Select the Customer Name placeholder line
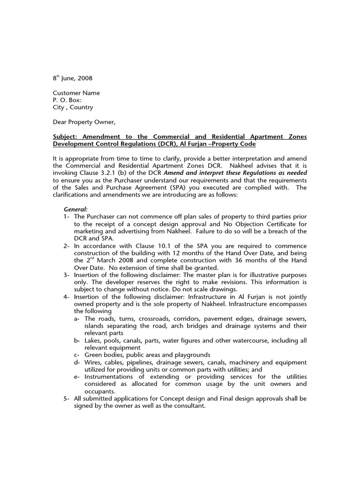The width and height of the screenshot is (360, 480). click(76, 93)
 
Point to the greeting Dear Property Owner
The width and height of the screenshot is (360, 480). click(83, 122)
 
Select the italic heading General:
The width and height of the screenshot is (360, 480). click(75, 209)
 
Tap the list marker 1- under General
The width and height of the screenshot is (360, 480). click(67, 217)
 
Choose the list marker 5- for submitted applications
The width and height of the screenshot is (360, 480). click(67, 398)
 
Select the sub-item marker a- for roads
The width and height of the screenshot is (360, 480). click(77, 319)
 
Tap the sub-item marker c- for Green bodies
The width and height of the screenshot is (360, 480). click(77, 355)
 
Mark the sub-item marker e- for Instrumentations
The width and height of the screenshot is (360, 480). click(77, 377)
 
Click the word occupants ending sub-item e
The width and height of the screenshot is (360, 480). click(100, 391)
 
